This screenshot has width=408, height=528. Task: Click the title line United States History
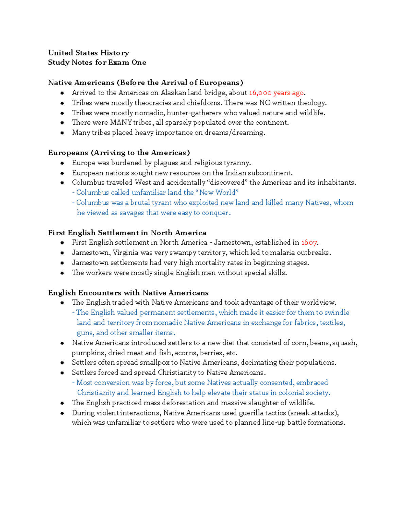pos(88,53)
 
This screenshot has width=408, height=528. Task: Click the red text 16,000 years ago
pos(276,93)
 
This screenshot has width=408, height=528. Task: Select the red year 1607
pos(309,243)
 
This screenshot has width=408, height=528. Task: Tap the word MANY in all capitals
pos(121,123)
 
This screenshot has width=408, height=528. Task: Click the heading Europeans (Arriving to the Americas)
pos(119,153)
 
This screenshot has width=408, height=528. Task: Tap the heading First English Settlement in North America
pos(127,233)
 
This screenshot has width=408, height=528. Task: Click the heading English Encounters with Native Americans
pos(128,293)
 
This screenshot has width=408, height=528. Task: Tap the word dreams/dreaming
pos(235,133)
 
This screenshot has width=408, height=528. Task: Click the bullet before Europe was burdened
pos(62,163)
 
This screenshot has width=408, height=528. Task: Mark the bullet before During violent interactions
pos(62,413)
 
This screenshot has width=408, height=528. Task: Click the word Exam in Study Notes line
pos(119,63)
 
